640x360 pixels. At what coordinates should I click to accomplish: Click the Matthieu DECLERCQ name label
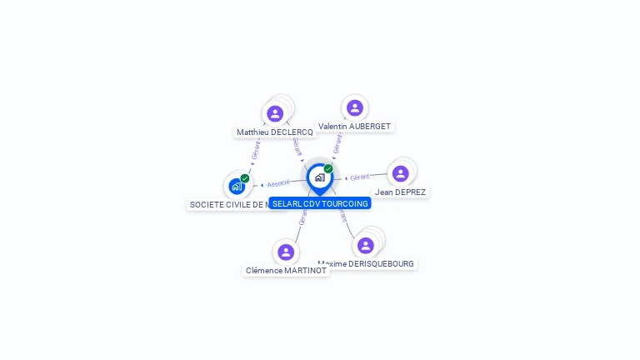click(274, 132)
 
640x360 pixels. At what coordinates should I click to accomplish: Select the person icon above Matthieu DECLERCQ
click(275, 113)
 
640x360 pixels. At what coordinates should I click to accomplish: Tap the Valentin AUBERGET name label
click(354, 127)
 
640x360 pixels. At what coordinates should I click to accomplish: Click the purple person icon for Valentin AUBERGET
click(355, 107)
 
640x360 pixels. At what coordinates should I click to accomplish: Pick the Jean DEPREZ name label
click(400, 192)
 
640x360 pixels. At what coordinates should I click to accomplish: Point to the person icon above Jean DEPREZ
click(400, 173)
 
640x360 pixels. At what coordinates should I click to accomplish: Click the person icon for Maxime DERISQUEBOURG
click(365, 245)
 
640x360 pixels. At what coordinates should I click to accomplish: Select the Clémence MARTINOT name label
click(286, 271)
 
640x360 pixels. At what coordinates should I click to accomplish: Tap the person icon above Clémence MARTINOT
click(286, 252)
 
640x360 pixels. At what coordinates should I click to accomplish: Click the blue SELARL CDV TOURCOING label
click(320, 203)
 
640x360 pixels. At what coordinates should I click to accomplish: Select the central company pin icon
click(319, 177)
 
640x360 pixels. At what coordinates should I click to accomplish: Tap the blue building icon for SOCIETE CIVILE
click(237, 187)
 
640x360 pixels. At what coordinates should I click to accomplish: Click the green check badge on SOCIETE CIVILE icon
click(245, 178)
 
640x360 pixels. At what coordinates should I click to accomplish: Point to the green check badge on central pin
click(328, 169)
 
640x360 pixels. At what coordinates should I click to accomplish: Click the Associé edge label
click(278, 183)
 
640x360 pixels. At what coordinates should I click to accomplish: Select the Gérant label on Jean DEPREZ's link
click(360, 177)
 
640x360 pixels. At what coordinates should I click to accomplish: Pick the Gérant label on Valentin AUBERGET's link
click(337, 144)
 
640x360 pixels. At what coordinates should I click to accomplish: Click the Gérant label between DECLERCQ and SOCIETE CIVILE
click(256, 151)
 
